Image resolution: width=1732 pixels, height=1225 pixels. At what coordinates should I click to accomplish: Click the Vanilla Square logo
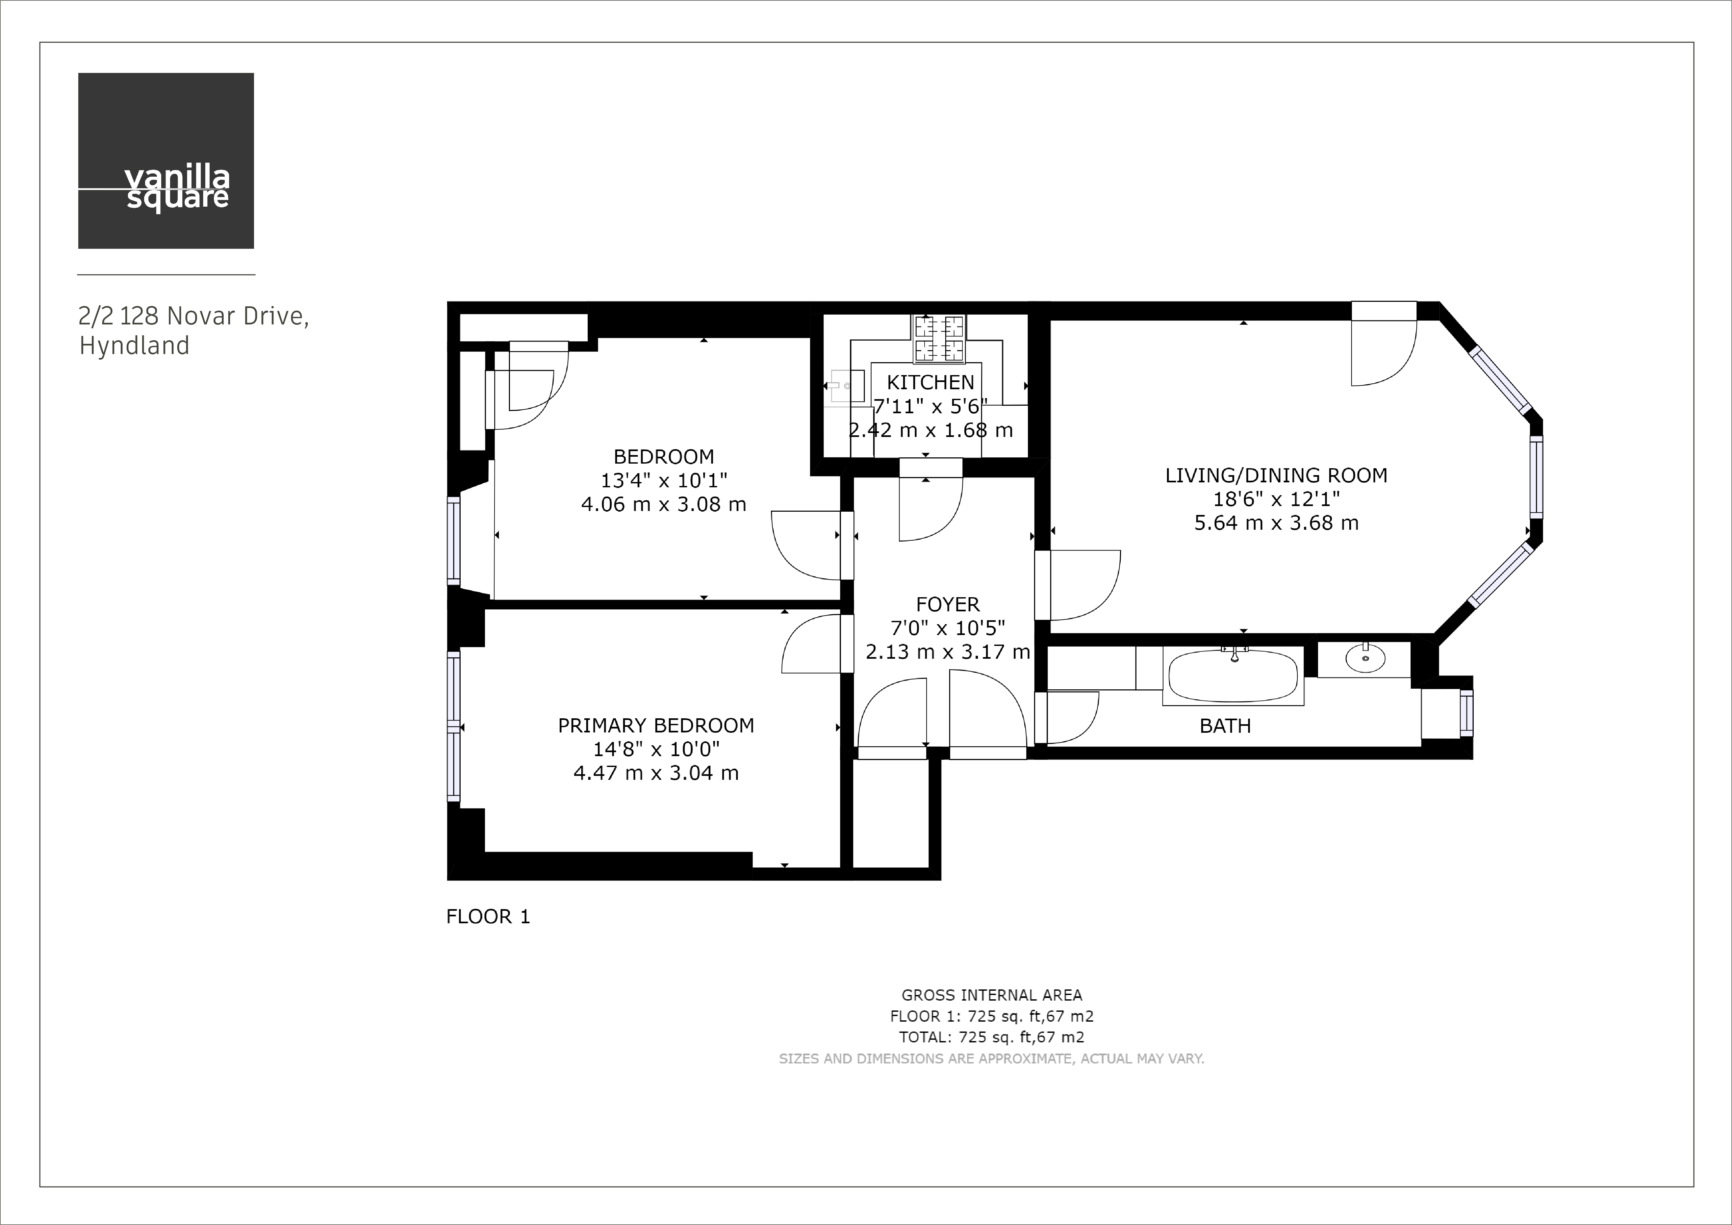point(166,161)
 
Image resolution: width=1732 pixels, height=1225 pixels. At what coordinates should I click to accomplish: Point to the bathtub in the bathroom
point(1233,676)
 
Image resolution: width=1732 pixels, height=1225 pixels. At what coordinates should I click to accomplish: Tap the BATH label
point(1225,726)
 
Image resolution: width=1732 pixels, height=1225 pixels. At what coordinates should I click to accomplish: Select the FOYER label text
point(948,604)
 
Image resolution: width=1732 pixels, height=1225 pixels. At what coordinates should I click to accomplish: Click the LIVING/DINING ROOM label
point(1276,475)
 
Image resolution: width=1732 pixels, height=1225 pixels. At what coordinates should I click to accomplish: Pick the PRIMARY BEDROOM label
point(655,726)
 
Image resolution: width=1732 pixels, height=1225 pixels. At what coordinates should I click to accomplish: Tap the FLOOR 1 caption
point(488,916)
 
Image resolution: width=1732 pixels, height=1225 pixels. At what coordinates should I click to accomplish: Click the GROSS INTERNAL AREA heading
point(991,995)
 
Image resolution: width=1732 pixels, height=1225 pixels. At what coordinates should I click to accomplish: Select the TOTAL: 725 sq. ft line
point(991,1037)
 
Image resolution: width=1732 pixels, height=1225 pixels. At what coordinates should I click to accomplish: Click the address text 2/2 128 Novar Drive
point(193,316)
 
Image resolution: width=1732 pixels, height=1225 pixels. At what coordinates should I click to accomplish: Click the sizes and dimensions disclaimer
point(991,1058)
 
